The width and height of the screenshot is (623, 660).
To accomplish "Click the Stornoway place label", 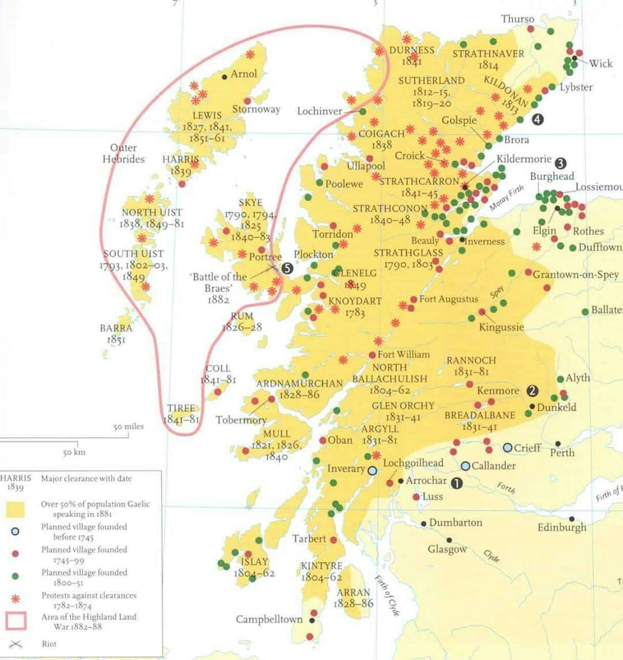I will (256, 109).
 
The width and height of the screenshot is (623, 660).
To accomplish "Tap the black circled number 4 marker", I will (538, 119).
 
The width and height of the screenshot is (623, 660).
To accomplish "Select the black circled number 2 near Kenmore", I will (532, 391).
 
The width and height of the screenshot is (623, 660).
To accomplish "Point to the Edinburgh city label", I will (561, 527).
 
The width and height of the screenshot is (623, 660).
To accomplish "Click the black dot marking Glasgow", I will (449, 540).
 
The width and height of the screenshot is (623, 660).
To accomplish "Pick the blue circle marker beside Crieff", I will (508, 448).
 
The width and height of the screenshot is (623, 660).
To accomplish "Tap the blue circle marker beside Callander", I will (466, 466).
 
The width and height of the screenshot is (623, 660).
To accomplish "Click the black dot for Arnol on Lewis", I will (224, 76).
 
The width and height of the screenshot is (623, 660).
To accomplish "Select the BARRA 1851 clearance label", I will (116, 333).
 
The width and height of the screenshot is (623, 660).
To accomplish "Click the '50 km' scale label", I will (74, 452).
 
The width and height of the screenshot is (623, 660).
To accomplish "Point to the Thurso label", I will (517, 19).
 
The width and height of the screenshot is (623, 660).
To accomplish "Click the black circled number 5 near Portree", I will (287, 268).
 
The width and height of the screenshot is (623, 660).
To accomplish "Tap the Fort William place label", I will (403, 354).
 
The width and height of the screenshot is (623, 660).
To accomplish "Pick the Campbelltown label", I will (269, 619).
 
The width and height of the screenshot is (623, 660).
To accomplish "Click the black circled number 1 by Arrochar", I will (456, 483).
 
